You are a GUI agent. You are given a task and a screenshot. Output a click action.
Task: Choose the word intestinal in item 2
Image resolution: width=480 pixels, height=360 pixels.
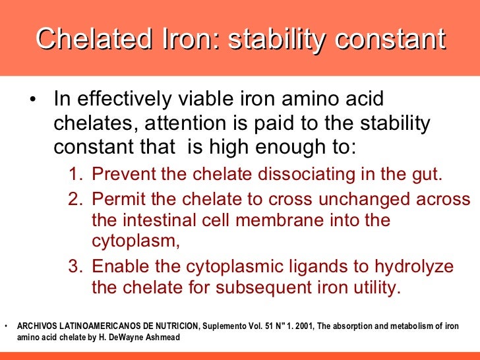(164, 220)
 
